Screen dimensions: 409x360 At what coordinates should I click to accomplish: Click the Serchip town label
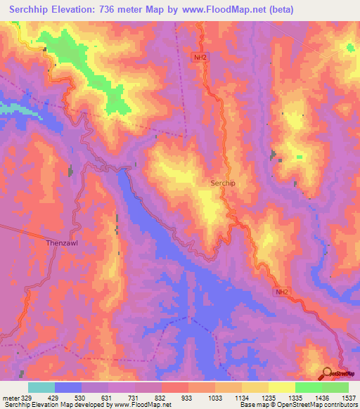click(x=224, y=183)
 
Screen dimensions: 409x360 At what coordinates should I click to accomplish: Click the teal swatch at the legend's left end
click(x=41, y=387)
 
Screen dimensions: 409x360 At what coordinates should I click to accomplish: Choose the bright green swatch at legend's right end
click(x=335, y=387)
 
